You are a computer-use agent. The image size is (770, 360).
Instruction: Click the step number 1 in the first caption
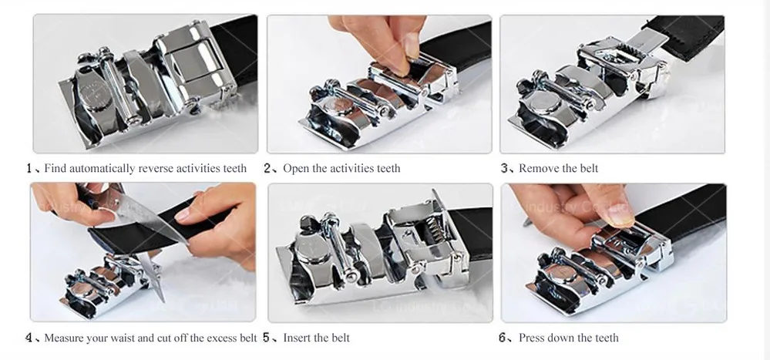[29, 169]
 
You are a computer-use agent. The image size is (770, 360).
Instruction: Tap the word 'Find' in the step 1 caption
[55, 169]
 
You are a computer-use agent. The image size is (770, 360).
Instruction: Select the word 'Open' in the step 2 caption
[296, 169]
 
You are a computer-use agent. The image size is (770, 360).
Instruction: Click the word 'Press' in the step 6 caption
[530, 338]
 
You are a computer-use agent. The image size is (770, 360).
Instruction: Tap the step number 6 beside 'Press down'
[503, 338]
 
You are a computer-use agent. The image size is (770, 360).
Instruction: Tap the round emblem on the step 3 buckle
[545, 104]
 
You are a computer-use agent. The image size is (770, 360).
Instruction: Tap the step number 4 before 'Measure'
[29, 338]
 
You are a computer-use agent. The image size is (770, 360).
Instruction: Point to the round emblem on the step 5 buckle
[310, 251]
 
